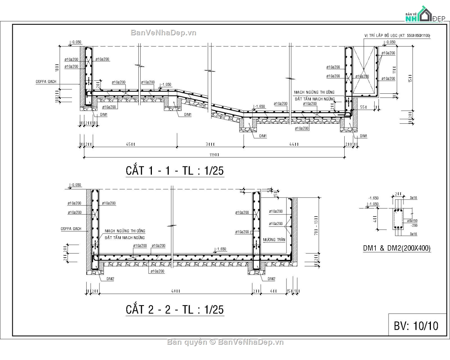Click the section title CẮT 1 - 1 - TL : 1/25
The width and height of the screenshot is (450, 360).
(174, 171)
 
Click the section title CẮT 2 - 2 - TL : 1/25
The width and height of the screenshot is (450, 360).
(174, 310)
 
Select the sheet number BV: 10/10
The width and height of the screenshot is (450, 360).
(416, 325)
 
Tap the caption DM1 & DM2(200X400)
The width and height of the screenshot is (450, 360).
(396, 248)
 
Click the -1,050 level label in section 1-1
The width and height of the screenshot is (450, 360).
(165, 85)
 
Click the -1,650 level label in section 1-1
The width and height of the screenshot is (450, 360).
(260, 106)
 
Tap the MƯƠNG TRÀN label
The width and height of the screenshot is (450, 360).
(274, 240)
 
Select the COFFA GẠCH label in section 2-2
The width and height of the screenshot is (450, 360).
(71, 228)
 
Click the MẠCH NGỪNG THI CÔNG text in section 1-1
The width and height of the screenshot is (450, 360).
(314, 92)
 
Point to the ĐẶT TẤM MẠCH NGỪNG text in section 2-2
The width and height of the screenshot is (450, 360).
(124, 238)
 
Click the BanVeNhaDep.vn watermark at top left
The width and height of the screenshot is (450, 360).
(163, 33)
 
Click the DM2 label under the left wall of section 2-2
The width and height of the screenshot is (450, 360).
(110, 279)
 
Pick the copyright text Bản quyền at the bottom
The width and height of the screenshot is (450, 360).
(187, 342)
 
